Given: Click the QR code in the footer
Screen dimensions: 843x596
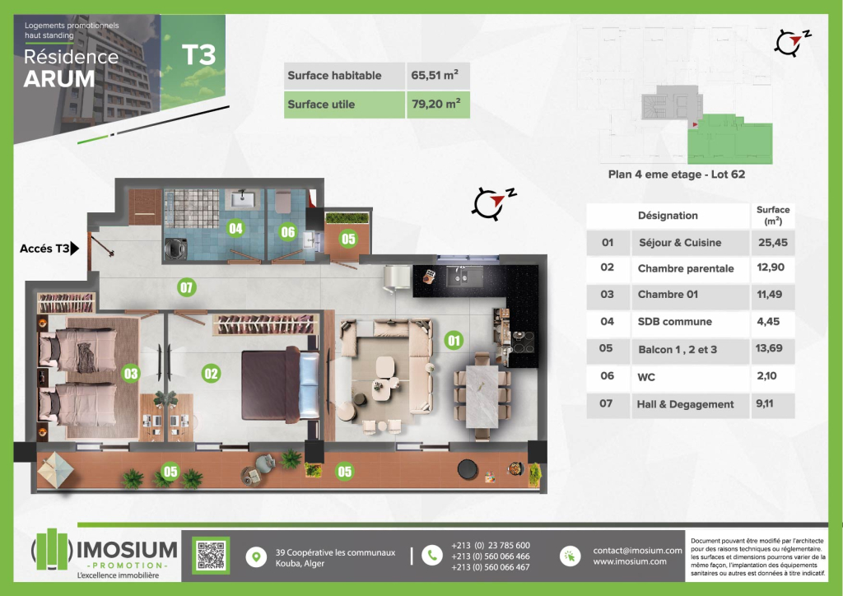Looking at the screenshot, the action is pos(211,555).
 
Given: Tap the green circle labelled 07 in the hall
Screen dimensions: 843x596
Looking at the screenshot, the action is pos(187,287).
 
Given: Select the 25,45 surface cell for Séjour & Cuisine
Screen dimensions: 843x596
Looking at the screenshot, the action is pos(772,242).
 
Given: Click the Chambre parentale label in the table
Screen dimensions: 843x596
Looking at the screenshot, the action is pos(686,268).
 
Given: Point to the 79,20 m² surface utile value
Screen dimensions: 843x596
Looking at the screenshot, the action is pos(436,104).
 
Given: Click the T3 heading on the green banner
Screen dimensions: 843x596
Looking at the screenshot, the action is pos(198,55).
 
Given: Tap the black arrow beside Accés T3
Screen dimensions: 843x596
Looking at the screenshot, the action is pos(75,249).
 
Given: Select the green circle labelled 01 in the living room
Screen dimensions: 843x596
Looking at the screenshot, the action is pos(454,340).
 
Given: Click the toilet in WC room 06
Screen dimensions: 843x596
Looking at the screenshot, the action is pos(283,202).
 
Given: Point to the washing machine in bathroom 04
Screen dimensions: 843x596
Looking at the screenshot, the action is pos(175,249).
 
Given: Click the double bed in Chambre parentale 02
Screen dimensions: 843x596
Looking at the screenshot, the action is pos(280,384).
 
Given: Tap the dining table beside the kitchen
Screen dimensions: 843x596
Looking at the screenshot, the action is pos(482,396).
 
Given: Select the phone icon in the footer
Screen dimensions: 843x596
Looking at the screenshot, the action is pos(431,556).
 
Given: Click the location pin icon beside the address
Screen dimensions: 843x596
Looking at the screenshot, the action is pos(256,557).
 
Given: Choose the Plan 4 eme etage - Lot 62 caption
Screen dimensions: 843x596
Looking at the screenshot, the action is pos(677,175).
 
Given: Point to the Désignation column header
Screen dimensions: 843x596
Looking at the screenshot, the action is pos(668,216).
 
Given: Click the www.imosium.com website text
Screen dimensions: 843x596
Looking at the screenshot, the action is pos(630,561).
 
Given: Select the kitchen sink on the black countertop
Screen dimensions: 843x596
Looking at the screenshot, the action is pos(465,277).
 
